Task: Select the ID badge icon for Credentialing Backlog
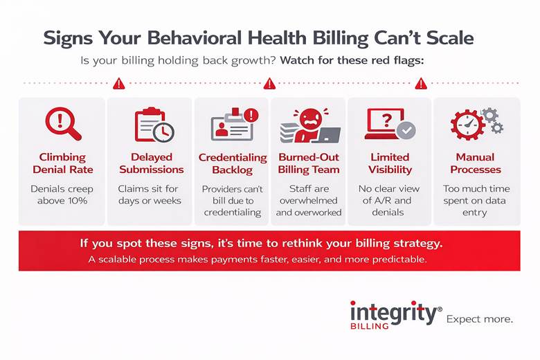(232, 125)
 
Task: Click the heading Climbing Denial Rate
(62, 163)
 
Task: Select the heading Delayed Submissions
(152, 163)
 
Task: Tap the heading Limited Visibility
(390, 163)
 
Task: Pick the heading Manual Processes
(475, 163)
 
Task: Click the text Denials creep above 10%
(62, 195)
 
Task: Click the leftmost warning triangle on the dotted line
(118, 84)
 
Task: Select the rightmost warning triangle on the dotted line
(420, 84)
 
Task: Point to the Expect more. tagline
(480, 319)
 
